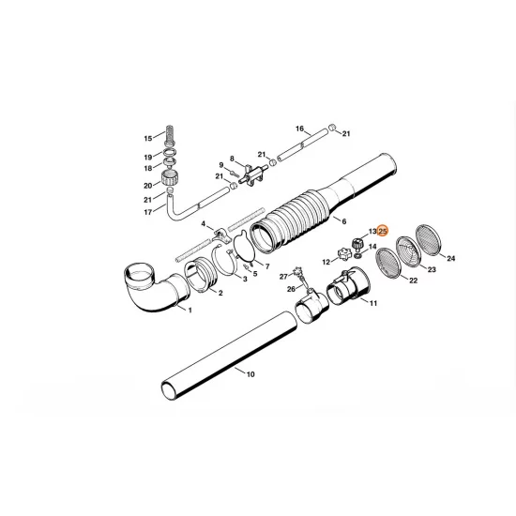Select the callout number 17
146,212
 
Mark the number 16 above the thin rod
299,128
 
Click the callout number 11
373,304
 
